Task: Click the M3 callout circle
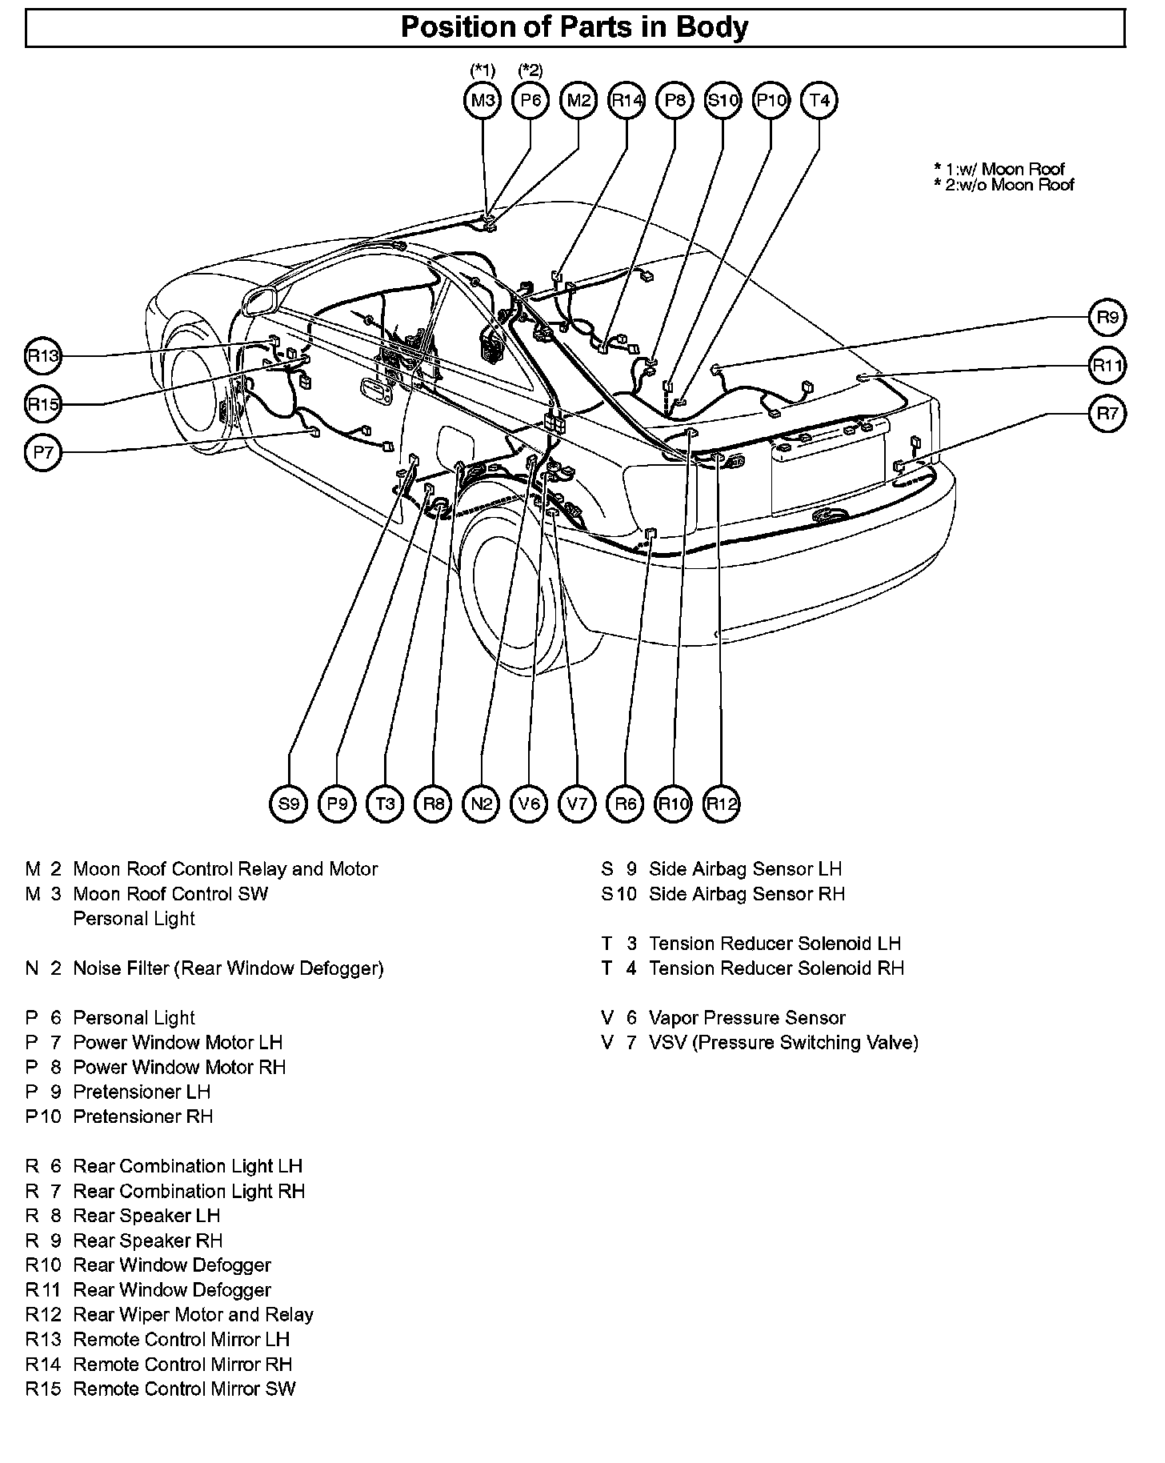click(482, 101)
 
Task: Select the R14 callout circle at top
click(627, 101)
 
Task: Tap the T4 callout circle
click(819, 101)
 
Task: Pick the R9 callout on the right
click(1107, 318)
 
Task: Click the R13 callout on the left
click(43, 356)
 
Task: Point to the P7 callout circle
click(43, 453)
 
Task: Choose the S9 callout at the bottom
click(289, 803)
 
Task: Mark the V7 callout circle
click(577, 803)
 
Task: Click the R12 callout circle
click(721, 803)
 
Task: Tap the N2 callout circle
click(481, 803)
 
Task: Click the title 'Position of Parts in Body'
click(574, 27)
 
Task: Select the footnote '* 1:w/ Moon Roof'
click(999, 169)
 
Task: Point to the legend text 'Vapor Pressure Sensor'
click(747, 1018)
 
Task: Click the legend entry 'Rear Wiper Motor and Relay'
click(193, 1314)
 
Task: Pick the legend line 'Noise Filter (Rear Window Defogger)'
click(228, 968)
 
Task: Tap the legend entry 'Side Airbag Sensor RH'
click(747, 894)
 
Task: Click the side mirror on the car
click(260, 303)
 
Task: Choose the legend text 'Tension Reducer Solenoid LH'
click(775, 944)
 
